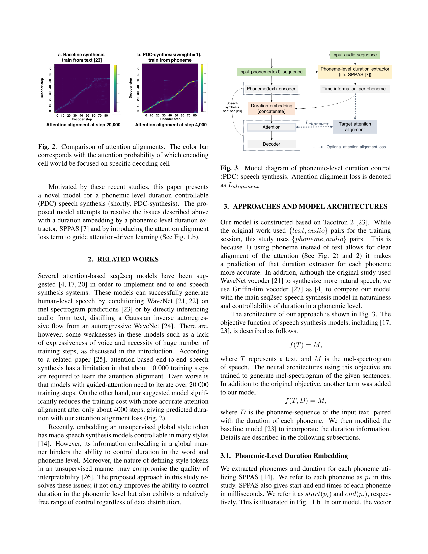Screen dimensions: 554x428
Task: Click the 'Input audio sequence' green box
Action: pyautogui.click(x=354, y=55)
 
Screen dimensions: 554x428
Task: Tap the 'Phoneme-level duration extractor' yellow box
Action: pyautogui.click(x=355, y=72)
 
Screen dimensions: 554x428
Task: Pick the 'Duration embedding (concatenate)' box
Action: pyautogui.click(x=271, y=108)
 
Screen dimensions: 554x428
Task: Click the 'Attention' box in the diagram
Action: pyautogui.click(x=271, y=127)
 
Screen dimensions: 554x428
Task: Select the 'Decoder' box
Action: pyautogui.click(x=271, y=144)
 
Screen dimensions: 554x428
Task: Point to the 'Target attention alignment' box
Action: pyautogui.click(x=355, y=127)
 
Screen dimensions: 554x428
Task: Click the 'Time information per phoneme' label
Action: pyautogui.click(x=354, y=89)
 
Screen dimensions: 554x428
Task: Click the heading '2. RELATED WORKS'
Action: pyautogui.click(x=123, y=259)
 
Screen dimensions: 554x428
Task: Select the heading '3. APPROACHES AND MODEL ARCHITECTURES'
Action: pyautogui.click(x=305, y=206)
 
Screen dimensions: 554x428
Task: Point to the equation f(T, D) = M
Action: pyautogui.click(x=305, y=400)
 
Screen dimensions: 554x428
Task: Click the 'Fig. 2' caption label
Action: pyautogui.click(x=47, y=147)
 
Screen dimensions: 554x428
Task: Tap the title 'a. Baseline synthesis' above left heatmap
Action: pyautogui.click(x=82, y=55)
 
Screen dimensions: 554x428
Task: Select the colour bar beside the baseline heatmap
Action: pyautogui.click(x=115, y=88)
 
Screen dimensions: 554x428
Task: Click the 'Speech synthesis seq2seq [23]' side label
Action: pyautogui.click(x=232, y=107)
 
